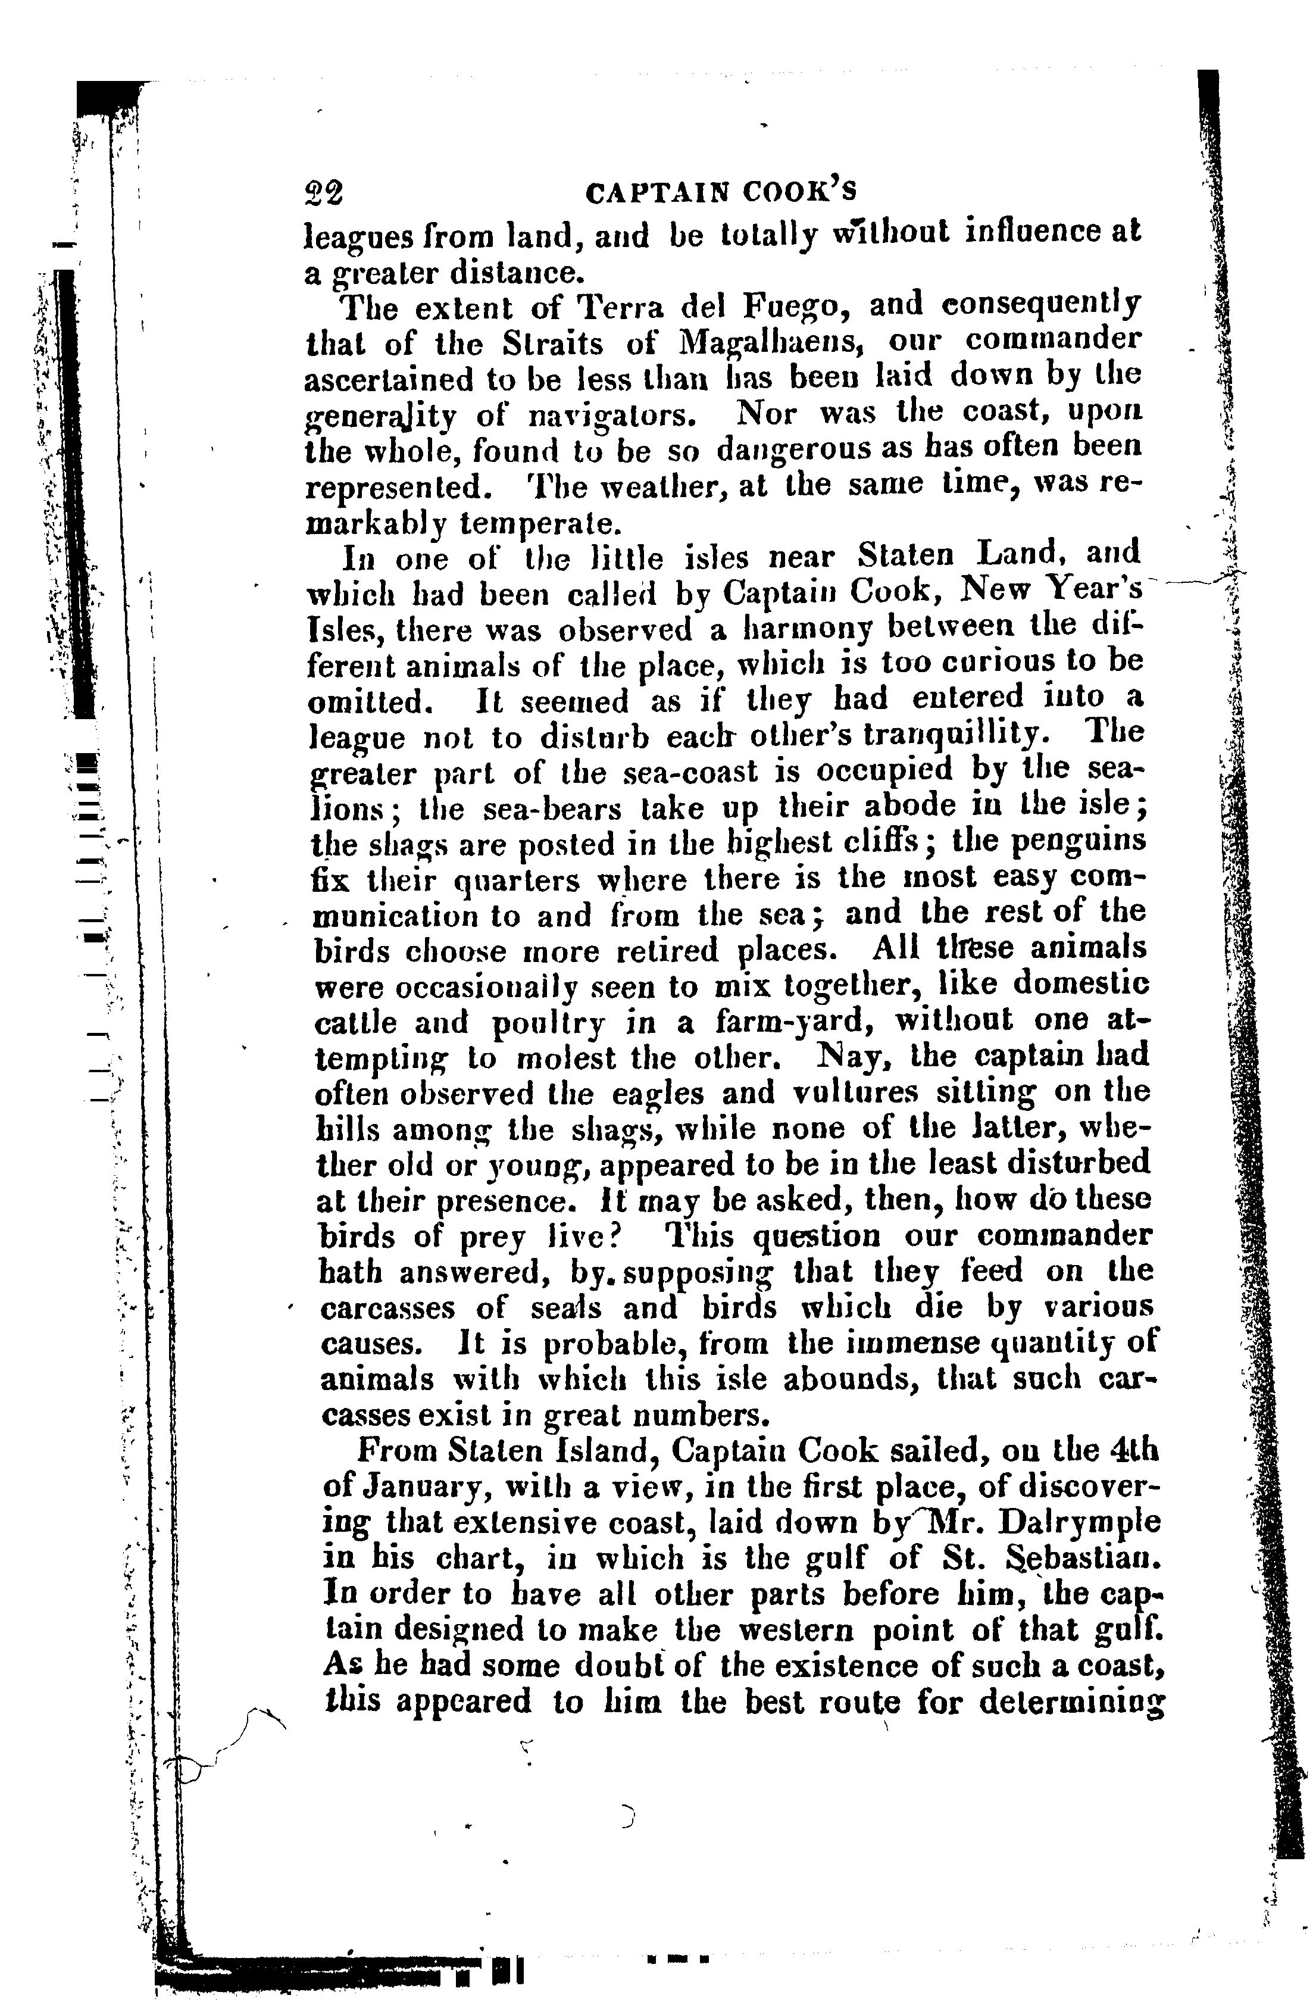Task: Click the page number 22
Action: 324,195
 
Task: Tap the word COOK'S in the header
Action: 800,194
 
